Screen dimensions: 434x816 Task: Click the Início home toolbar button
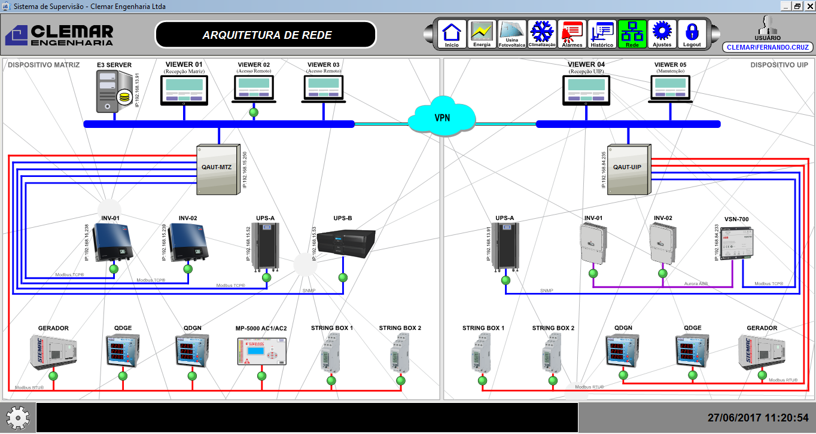[452, 35]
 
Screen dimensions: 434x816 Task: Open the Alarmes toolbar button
[572, 35]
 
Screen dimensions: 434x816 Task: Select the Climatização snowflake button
[542, 35]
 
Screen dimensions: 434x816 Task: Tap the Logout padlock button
[692, 35]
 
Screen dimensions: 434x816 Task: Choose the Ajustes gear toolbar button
[662, 35]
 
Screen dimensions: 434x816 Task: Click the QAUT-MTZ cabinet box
[218, 169]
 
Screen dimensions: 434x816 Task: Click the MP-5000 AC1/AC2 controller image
[261, 352]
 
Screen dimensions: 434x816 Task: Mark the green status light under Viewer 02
[254, 112]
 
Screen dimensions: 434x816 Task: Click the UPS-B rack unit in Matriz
[346, 243]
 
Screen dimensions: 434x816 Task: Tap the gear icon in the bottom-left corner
[18, 417]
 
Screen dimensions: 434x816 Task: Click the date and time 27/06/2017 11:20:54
[757, 418]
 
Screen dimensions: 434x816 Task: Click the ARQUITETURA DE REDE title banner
[266, 35]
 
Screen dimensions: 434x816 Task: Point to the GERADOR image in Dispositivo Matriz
[53, 352]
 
